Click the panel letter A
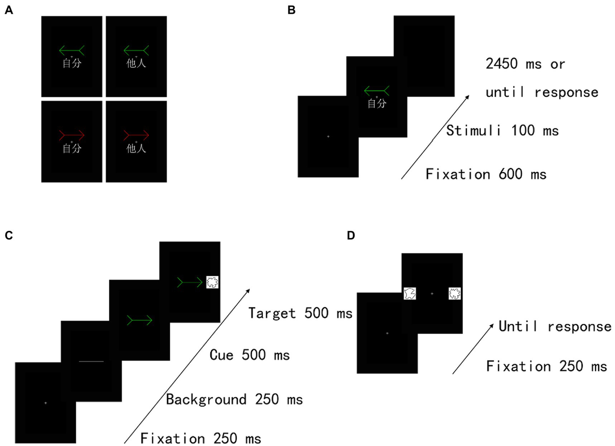coord(8,10)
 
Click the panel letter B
coord(292,10)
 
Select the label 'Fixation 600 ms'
coord(486,174)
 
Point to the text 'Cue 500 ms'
coord(250,354)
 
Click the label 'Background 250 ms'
coord(234,399)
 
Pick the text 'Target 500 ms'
coord(300,313)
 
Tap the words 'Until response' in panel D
coord(555,326)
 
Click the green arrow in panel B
coord(377,92)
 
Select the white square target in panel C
coord(212,281)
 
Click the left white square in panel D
coord(409,293)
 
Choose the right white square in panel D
coord(455,293)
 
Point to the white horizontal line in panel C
coord(91,362)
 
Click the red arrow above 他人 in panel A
coord(136,135)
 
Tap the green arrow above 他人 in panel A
coord(136,50)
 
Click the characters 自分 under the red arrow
coord(72,149)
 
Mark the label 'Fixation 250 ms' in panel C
coord(200,438)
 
